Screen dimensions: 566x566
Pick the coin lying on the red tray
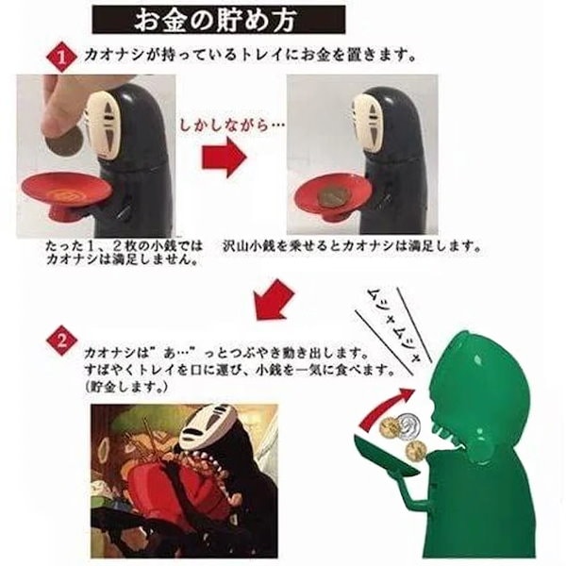click(x=330, y=195)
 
